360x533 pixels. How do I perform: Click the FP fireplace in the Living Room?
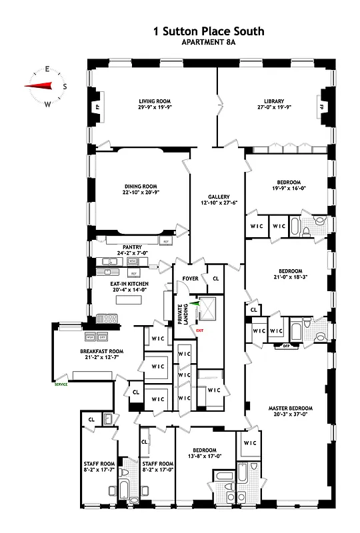point(97,107)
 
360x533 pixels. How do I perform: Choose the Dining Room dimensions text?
point(141,193)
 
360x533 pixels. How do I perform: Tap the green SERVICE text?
point(62,384)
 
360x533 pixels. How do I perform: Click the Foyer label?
point(191,278)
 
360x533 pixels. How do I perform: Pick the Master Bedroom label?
point(290,408)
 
